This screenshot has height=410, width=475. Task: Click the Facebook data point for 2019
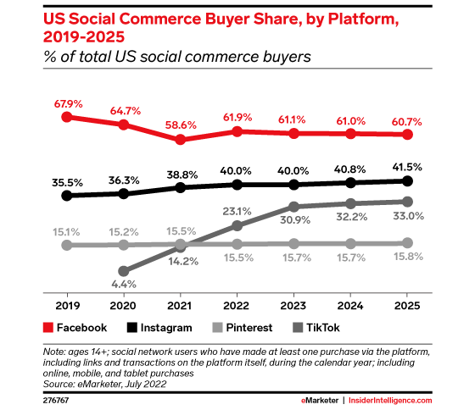66,117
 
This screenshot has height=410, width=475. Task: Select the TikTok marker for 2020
123,272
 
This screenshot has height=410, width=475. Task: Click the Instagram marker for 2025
407,180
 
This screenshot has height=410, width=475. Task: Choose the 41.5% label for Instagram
407,164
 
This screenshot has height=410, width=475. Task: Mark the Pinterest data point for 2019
66,245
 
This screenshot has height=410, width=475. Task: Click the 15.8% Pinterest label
407,260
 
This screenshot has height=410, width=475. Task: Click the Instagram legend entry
156,327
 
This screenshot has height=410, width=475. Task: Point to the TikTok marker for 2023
293,207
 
